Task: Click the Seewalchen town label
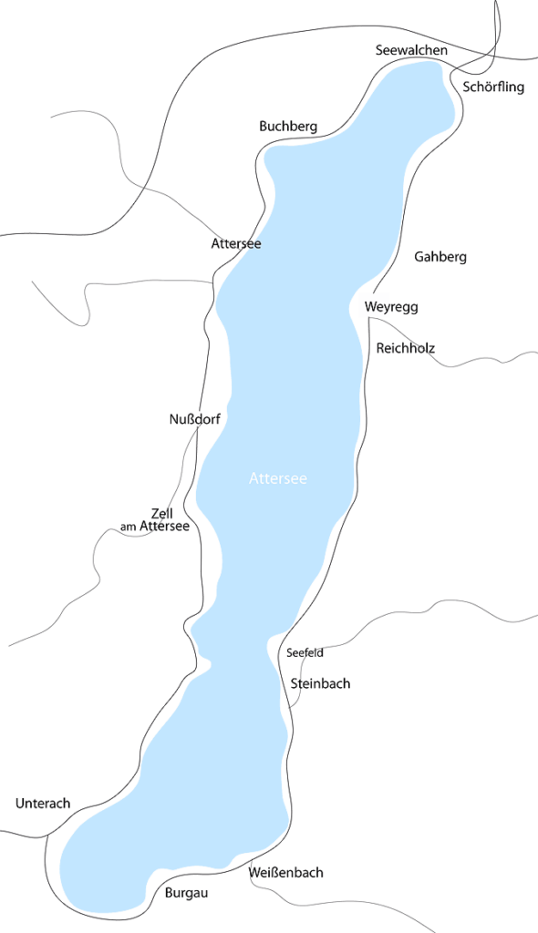point(411,50)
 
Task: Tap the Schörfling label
point(493,87)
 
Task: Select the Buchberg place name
point(288,126)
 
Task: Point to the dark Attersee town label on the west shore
point(236,243)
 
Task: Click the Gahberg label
point(440,257)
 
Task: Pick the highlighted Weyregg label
point(390,307)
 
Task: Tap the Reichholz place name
point(406,348)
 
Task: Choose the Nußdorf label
point(196,419)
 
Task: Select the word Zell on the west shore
point(161,513)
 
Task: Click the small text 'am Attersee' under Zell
point(155,527)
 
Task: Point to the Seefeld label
point(305,652)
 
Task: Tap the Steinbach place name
point(320,683)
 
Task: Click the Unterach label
point(43,804)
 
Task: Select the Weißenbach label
point(286,873)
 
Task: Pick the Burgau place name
point(187,893)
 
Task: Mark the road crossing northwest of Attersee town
point(141,189)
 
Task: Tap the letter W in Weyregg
point(368,307)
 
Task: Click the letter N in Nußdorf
point(174,419)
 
